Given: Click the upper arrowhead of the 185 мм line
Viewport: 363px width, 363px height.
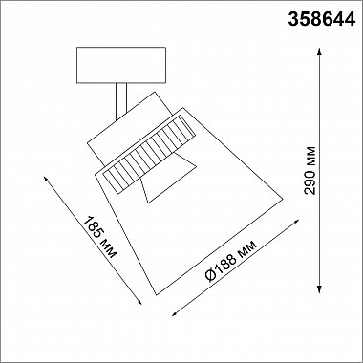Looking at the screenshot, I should [x=44, y=177].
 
